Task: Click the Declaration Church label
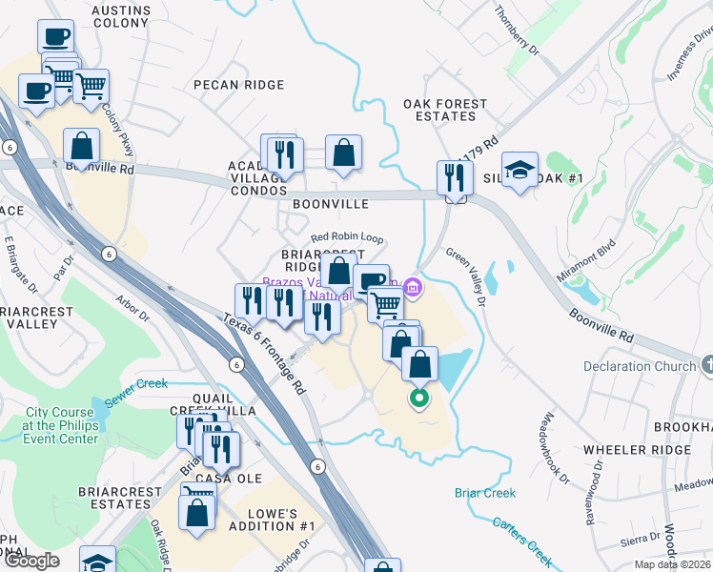641,366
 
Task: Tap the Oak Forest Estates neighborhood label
444,110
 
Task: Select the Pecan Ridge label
238,85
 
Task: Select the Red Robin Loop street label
347,237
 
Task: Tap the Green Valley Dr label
467,277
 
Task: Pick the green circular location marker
418,398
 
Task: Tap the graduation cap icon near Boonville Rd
519,171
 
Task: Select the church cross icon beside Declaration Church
706,365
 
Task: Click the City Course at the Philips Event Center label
62,425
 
